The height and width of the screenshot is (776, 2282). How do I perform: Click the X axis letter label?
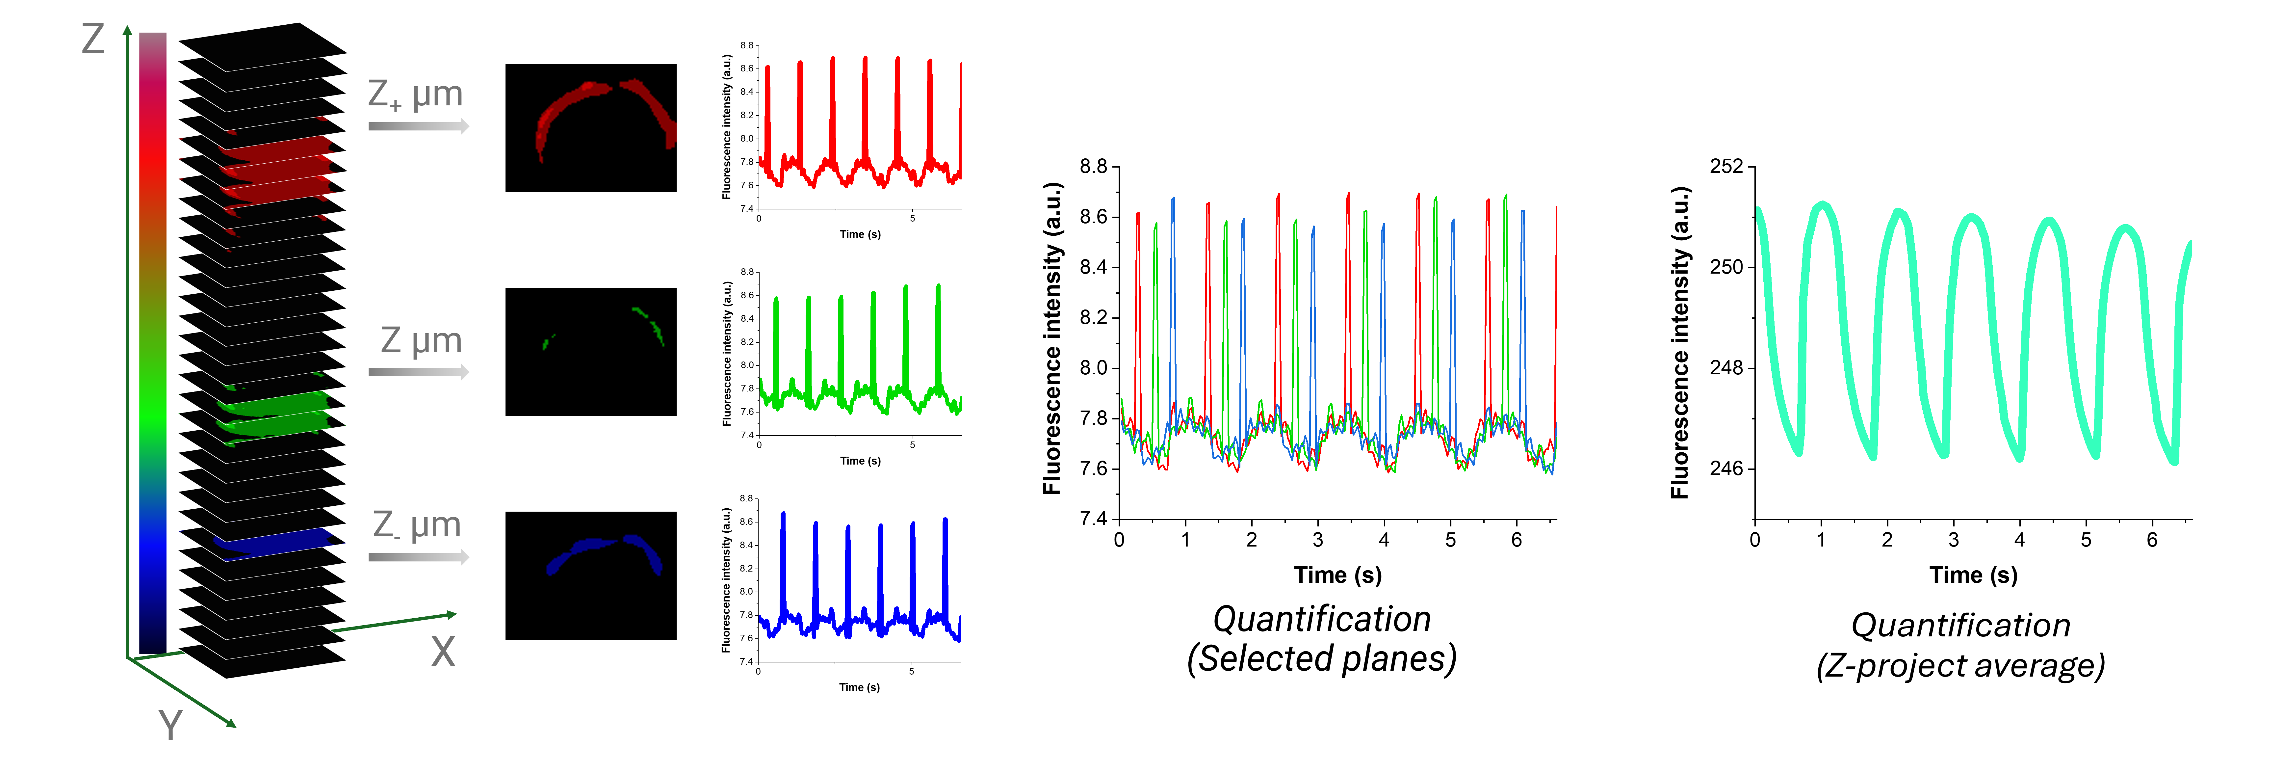pyautogui.click(x=443, y=652)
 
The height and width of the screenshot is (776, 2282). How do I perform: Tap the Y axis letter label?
pyautogui.click(x=170, y=725)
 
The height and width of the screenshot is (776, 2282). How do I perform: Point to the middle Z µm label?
pyautogui.click(x=421, y=340)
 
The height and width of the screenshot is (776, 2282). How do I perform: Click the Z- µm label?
pyautogui.click(x=416, y=524)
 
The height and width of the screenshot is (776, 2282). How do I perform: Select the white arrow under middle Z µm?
pyautogui.click(x=418, y=372)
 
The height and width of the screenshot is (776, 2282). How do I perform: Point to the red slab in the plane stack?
pyautogui.click(x=279, y=173)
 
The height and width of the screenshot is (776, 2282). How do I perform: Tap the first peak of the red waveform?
pyautogui.click(x=768, y=71)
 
